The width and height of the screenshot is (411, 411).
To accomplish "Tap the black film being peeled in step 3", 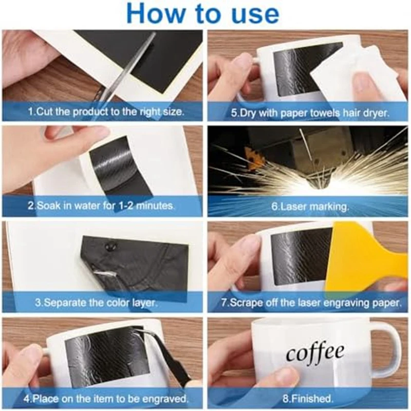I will (x=134, y=262).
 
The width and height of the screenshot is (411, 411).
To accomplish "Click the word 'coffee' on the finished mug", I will (x=315, y=353).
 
